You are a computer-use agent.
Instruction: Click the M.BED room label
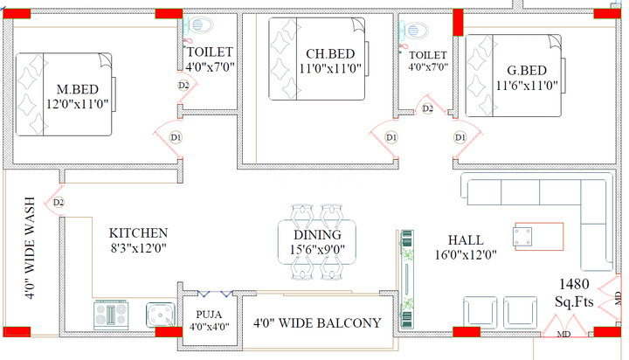pyautogui.click(x=78, y=89)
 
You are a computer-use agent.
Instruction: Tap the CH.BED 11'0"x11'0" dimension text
pyautogui.click(x=330, y=69)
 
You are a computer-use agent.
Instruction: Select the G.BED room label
pyautogui.click(x=527, y=71)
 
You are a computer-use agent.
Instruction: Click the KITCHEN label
pyautogui.click(x=138, y=233)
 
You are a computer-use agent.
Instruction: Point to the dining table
pyautogui.click(x=317, y=242)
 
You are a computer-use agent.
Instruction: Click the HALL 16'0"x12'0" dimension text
pyautogui.click(x=466, y=255)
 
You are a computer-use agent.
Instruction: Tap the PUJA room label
pyautogui.click(x=209, y=315)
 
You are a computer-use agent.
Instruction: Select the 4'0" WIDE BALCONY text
pyautogui.click(x=317, y=323)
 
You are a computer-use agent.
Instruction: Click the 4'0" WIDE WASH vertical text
pyautogui.click(x=30, y=248)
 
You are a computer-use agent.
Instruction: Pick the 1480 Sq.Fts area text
pyautogui.click(x=574, y=293)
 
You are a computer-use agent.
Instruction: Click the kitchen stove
pyautogui.click(x=111, y=315)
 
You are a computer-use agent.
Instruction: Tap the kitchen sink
pyautogui.click(x=161, y=315)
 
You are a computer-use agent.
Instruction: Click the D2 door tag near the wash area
pyautogui.click(x=59, y=202)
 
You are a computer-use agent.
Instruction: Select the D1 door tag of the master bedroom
pyautogui.click(x=176, y=138)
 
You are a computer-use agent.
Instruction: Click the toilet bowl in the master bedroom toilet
pyautogui.click(x=200, y=25)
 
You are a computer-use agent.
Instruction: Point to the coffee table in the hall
pyautogui.click(x=539, y=237)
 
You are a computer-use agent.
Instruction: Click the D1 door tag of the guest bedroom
pyautogui.click(x=460, y=138)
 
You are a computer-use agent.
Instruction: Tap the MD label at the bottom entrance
pyautogui.click(x=564, y=334)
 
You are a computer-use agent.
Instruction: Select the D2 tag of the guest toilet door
pyautogui.click(x=427, y=108)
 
